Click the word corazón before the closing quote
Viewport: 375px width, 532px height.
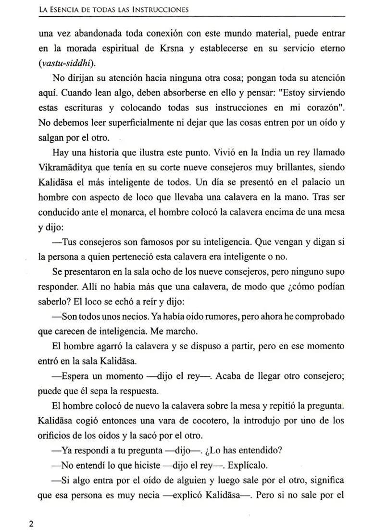[315, 108]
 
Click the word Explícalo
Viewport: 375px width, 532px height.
[247, 466]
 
